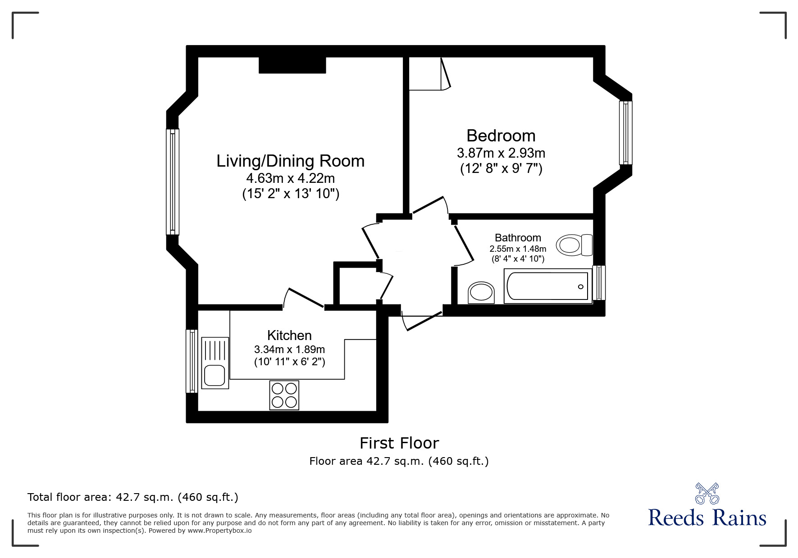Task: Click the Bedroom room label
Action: pyautogui.click(x=501, y=136)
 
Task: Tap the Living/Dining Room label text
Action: pyautogui.click(x=290, y=161)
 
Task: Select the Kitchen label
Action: pyautogui.click(x=289, y=335)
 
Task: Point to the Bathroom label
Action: pyautogui.click(x=518, y=237)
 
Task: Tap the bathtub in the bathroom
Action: pyautogui.click(x=547, y=286)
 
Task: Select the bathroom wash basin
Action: pyautogui.click(x=481, y=293)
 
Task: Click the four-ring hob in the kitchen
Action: pyautogui.click(x=284, y=395)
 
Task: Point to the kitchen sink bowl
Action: pyautogui.click(x=214, y=376)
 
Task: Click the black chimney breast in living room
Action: pyautogui.click(x=292, y=65)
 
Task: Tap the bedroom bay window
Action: pyautogui.click(x=625, y=133)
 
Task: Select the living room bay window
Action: pyautogui.click(x=173, y=181)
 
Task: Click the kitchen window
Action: pyautogui.click(x=192, y=361)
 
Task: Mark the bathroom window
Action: pyautogui.click(x=599, y=283)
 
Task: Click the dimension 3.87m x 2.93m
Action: pyautogui.click(x=501, y=153)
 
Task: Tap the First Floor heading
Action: pyautogui.click(x=399, y=443)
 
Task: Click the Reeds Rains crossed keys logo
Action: pyautogui.click(x=707, y=494)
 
